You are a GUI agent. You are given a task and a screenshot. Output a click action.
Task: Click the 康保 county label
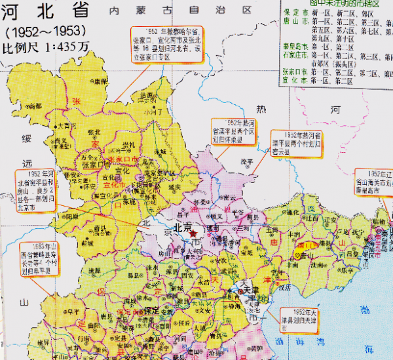[99, 82]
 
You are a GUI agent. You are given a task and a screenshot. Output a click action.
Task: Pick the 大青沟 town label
[69, 125]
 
